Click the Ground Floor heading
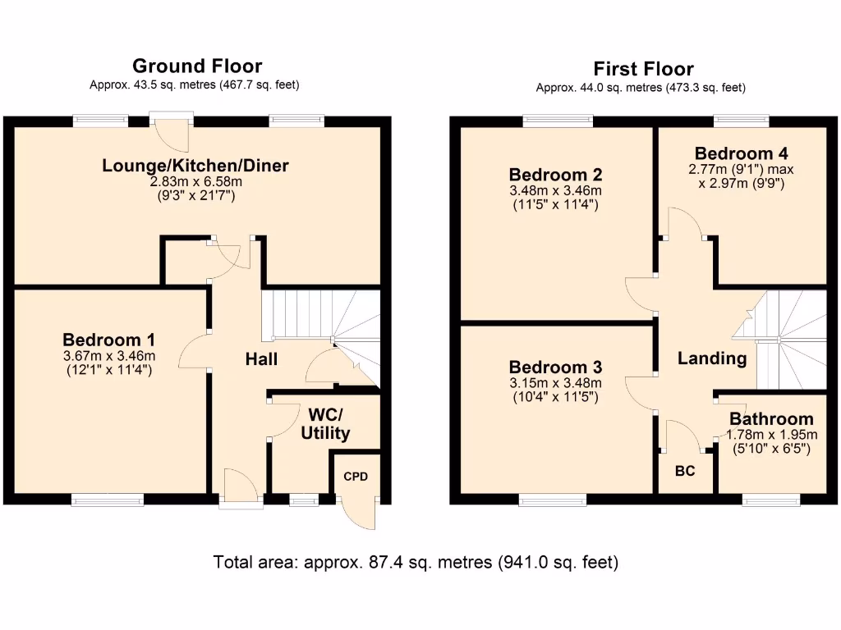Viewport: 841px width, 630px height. (197, 66)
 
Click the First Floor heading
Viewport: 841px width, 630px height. (643, 69)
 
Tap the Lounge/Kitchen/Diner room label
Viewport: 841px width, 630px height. (195, 167)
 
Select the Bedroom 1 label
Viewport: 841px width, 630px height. (109, 340)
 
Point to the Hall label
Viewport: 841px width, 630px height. (261, 359)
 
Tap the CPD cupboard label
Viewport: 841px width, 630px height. (356, 476)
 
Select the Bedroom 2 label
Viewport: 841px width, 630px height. (556, 175)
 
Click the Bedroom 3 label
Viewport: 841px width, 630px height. (556, 367)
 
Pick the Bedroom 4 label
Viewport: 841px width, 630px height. (734, 153)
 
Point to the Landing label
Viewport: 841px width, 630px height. (711, 358)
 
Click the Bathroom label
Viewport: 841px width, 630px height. (771, 419)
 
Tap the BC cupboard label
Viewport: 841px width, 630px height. (685, 472)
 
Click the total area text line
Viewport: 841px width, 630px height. (416, 563)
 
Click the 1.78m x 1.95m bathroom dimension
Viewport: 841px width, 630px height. (773, 435)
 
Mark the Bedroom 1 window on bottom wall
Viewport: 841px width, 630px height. (107, 500)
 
